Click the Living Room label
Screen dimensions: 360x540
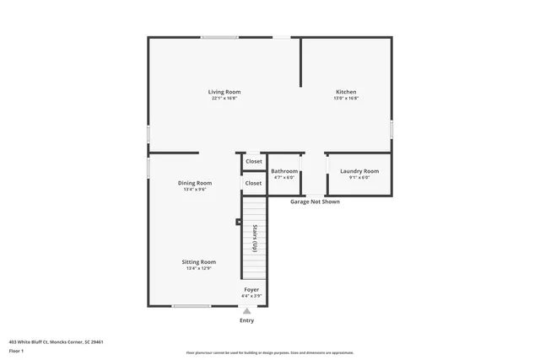tap(224, 92)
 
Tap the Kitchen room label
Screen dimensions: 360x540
tap(346, 92)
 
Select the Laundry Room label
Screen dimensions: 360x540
tap(359, 171)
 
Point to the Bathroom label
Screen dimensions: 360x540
tap(284, 171)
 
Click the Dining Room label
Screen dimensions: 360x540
tap(195, 183)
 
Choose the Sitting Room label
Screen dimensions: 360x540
tap(199, 262)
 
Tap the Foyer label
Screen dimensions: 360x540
tap(251, 290)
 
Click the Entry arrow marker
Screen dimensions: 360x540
tap(247, 311)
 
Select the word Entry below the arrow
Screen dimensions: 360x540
tap(246, 320)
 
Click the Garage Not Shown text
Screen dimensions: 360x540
tap(315, 202)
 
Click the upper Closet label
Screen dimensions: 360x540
tap(254, 161)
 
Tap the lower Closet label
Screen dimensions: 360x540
tap(253, 183)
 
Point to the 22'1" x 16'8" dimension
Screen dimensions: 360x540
tap(224, 99)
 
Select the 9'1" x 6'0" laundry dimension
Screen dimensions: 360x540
tap(359, 178)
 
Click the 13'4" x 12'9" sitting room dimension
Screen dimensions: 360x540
tap(199, 269)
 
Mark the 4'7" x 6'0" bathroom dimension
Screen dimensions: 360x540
tap(284, 178)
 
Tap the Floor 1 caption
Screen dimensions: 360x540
tap(16, 350)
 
